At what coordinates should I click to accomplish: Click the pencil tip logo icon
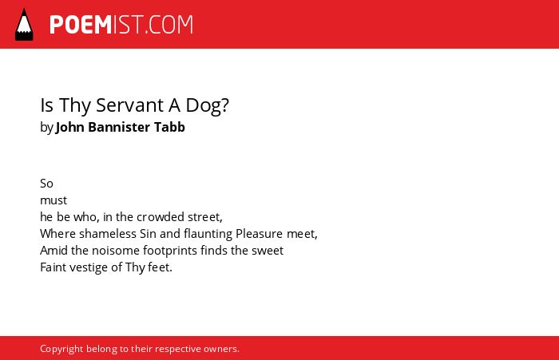pos(24,25)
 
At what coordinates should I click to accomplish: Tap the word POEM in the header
pos(81,25)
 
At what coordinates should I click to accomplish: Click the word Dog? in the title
pos(207,106)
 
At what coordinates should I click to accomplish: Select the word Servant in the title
pos(129,105)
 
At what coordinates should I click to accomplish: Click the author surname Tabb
pos(169,127)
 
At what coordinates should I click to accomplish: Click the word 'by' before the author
pos(46,128)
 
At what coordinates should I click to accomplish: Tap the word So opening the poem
pos(46,184)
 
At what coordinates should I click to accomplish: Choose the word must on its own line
pos(54,200)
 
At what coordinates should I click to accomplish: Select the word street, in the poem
pos(205,217)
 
